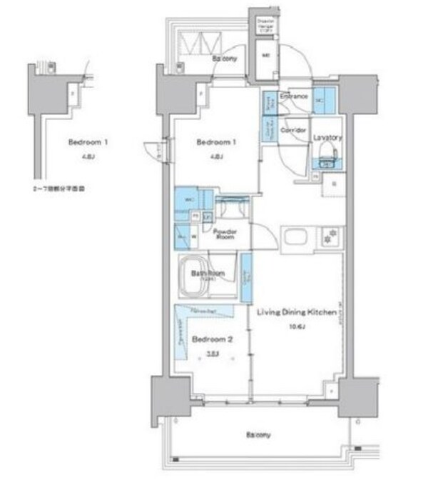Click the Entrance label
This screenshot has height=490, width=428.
click(293, 96)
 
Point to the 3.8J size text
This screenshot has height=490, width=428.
click(211, 352)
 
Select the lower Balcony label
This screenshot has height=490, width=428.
click(258, 434)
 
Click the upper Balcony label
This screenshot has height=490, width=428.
click(223, 61)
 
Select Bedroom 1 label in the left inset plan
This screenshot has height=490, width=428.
click(88, 142)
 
